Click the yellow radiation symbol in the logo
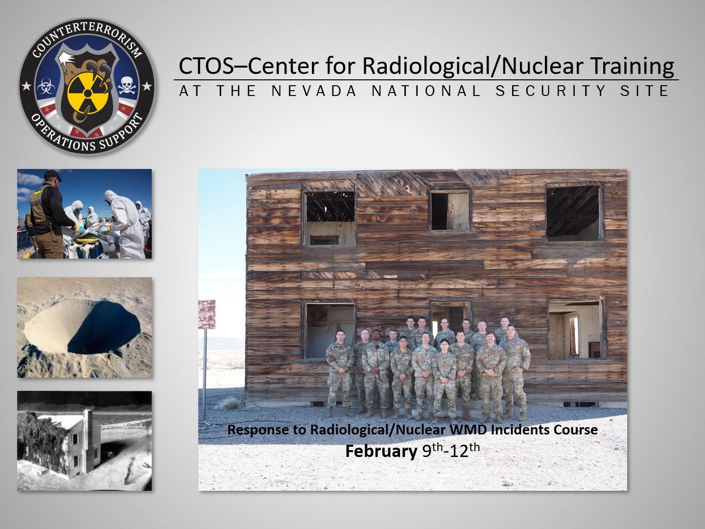(x=87, y=94)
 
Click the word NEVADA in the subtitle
(x=314, y=91)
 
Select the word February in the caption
(x=381, y=451)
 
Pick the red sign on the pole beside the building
(x=207, y=314)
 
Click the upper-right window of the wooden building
(x=574, y=213)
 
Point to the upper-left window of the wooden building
(x=330, y=218)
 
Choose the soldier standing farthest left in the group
(x=339, y=373)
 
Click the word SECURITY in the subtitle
(x=551, y=91)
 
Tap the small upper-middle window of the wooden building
(x=450, y=211)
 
